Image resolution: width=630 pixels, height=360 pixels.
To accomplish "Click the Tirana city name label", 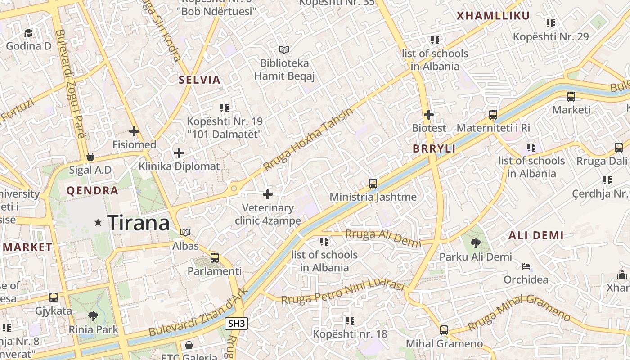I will coord(139,222).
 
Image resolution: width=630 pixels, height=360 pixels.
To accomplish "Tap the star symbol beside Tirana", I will coord(98,222).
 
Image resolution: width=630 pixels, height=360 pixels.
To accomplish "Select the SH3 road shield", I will coord(237,323).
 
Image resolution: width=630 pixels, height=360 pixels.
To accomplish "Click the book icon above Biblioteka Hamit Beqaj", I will coord(284,49).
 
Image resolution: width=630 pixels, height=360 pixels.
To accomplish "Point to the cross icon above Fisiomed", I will coord(134,131).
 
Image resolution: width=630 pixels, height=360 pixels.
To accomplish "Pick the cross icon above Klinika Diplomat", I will coord(179,153).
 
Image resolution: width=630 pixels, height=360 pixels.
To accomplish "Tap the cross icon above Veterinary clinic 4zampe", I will coord(268,194).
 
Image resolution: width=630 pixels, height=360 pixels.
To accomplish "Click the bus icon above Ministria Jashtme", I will coord(373,184).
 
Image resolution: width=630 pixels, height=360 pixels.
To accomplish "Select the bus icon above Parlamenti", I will coord(215,258).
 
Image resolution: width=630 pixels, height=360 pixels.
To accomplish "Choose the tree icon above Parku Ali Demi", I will coord(475,243).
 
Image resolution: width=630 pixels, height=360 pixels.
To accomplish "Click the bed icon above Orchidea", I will coord(526,266).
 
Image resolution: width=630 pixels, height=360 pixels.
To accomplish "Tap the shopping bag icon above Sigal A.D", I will coord(90,157).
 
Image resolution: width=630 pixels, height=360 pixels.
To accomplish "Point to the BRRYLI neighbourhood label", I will coord(434,149).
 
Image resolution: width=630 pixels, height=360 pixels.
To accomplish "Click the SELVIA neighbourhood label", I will coord(199,80).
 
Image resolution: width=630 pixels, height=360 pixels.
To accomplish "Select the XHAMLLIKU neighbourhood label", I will coord(493,16).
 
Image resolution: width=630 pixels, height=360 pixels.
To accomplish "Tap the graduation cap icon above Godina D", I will coord(28,33).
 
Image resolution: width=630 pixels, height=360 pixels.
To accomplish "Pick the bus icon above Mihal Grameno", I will coord(444,330).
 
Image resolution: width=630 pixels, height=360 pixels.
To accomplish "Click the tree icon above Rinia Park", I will coord(93,316).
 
